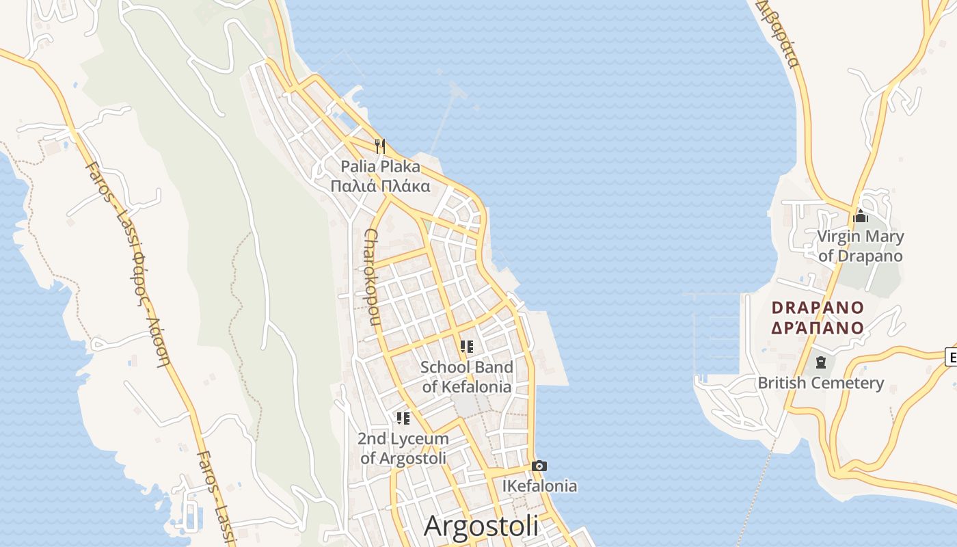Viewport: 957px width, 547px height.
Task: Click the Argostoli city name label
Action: pyautogui.click(x=481, y=525)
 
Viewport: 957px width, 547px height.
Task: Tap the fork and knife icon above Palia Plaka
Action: pyautogui.click(x=380, y=146)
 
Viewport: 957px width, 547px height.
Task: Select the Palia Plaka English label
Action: pyautogui.click(x=380, y=166)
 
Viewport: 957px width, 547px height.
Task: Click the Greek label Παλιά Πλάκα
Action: pyautogui.click(x=380, y=186)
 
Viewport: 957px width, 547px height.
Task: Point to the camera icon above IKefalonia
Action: pyautogui.click(x=539, y=466)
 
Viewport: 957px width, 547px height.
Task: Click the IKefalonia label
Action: pyautogui.click(x=539, y=486)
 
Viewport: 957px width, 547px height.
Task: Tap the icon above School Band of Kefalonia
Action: pyautogui.click(x=467, y=347)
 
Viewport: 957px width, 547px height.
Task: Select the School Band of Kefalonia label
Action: pyautogui.click(x=467, y=377)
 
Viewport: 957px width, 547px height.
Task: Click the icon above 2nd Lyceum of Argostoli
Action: pyautogui.click(x=403, y=418)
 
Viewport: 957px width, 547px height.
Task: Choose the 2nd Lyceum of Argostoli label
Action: pyautogui.click(x=403, y=448)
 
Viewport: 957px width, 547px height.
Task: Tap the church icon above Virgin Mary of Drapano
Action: pyautogui.click(x=861, y=217)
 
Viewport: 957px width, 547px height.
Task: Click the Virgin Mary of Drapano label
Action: pyautogui.click(x=861, y=246)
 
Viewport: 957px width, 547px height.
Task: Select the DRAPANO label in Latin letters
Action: pyautogui.click(x=818, y=308)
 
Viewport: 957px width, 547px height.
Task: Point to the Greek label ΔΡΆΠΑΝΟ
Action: pyautogui.click(x=818, y=328)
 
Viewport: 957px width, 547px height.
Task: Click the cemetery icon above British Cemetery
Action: pyautogui.click(x=820, y=362)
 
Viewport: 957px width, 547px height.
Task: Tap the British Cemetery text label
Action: pyautogui.click(x=820, y=383)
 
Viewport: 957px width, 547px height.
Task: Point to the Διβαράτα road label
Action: pyautogui.click(x=779, y=35)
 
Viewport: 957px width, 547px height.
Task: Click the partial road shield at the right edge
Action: pyautogui.click(x=951, y=356)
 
